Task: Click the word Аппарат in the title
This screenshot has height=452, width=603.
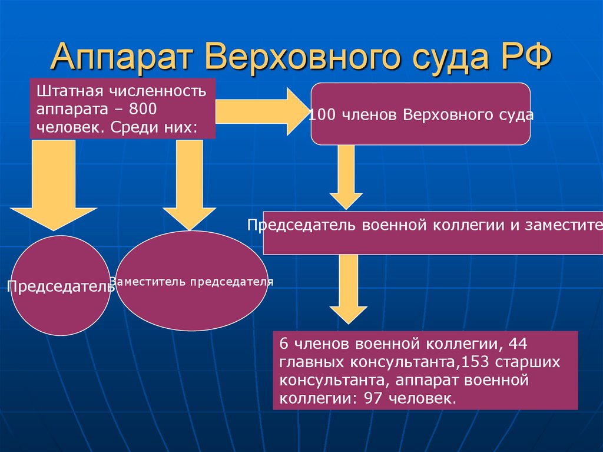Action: (x=122, y=58)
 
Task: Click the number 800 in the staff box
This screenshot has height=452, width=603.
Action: (x=143, y=110)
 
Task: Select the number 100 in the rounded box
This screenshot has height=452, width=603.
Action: (x=322, y=115)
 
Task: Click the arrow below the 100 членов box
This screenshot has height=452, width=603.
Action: (x=346, y=177)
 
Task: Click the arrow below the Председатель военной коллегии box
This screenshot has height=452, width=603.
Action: (x=348, y=289)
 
